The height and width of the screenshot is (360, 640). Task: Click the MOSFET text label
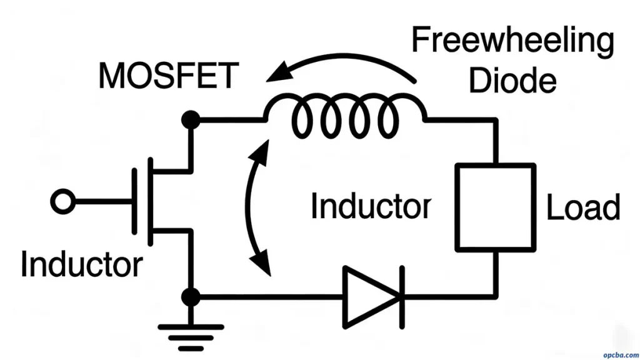click(169, 76)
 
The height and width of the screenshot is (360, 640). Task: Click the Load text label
click(583, 207)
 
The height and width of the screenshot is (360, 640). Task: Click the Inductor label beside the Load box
click(371, 206)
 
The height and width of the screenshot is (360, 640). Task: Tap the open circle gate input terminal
click(62, 202)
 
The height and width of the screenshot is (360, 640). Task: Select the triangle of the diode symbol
click(369, 296)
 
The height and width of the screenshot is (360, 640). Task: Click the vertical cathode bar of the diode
click(401, 296)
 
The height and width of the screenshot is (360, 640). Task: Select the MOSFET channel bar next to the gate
click(150, 202)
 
